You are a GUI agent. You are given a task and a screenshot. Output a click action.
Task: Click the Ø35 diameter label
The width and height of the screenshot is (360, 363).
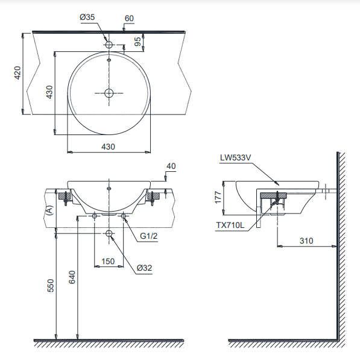(x=87, y=17)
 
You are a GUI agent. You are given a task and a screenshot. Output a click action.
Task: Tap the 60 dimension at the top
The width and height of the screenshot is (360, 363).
(x=129, y=19)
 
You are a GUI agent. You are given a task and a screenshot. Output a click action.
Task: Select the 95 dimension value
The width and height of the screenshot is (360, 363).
(x=137, y=42)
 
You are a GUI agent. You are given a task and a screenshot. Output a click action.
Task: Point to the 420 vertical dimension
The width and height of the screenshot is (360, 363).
(x=17, y=73)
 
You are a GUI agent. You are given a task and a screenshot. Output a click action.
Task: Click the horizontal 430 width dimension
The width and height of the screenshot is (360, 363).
(x=108, y=147)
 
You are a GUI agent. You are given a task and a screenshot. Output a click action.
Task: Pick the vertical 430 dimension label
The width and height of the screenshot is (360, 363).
(x=49, y=92)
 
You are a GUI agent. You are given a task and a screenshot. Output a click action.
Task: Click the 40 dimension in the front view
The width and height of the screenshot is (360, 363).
(x=171, y=166)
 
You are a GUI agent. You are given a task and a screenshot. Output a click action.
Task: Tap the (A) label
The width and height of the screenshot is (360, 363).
(x=50, y=210)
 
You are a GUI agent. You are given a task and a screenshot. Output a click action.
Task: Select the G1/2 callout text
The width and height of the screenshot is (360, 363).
(x=148, y=236)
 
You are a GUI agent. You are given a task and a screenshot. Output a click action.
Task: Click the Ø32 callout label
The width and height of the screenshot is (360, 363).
(x=145, y=268)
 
